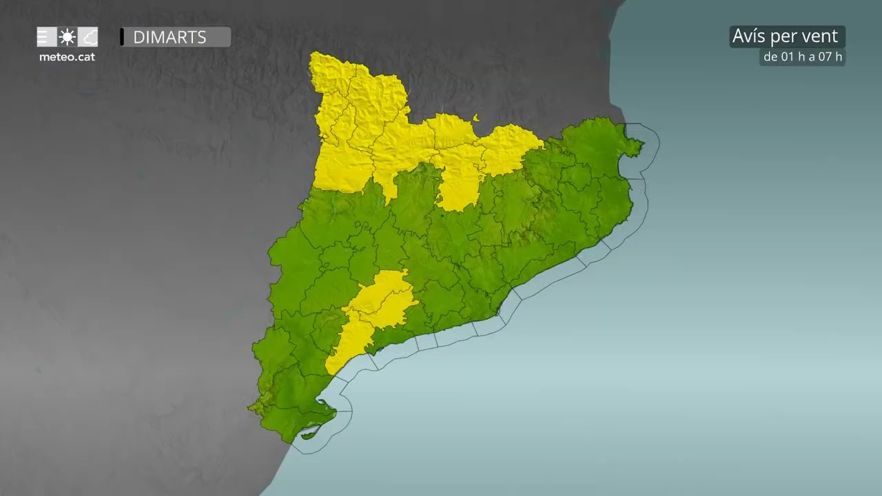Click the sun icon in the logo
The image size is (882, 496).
coord(67,37)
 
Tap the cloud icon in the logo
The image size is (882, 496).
coord(88,37)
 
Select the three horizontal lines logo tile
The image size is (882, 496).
coord(46,37)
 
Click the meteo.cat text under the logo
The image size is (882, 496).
coord(67,57)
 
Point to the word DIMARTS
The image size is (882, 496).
coord(170,37)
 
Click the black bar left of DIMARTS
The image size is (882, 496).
coord(122,37)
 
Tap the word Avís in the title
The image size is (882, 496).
coord(750,37)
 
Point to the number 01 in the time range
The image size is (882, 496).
coord(789,57)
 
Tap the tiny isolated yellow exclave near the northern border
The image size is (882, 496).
coord(476,118)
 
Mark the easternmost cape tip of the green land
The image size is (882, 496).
coord(643,144)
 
